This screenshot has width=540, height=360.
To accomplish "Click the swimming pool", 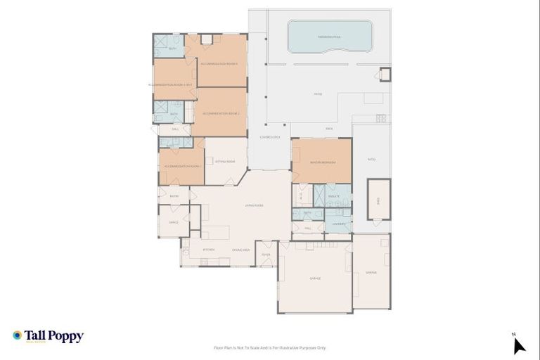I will click(x=330, y=35).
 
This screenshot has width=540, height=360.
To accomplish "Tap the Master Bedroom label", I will click(x=322, y=162).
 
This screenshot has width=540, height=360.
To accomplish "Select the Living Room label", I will click(x=254, y=205).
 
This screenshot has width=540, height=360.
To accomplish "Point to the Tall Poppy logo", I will click(x=48, y=336).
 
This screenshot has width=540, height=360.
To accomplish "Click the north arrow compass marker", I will click(x=518, y=345).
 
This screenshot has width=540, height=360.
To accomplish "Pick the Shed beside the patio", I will click(x=378, y=199).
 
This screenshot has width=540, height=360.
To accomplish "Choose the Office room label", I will click(x=174, y=223).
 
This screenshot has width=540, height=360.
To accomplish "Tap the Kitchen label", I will click(x=209, y=250).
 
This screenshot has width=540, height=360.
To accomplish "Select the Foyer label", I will click(x=266, y=255).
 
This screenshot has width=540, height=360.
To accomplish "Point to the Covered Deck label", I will click(x=270, y=137).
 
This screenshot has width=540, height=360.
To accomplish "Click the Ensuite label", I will click(x=334, y=195).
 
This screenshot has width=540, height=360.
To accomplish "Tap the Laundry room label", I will click(x=338, y=224).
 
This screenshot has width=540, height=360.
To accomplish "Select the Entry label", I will click(x=174, y=196).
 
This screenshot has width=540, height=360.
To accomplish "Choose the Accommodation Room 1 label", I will click(x=182, y=166).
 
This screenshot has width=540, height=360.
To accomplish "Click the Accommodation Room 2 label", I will click(x=221, y=113).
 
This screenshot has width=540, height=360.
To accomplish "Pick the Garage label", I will click(x=315, y=278).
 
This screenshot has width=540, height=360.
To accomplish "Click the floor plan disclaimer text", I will click(x=270, y=347).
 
